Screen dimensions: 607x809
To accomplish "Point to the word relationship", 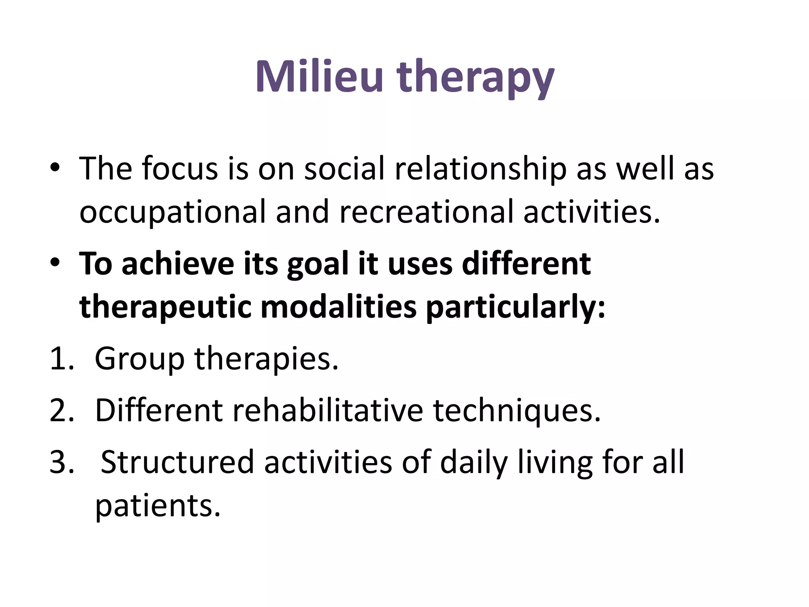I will coord(480,169).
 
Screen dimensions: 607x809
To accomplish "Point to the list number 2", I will coord(62,411).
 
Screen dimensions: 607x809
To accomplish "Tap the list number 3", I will coord(62,462).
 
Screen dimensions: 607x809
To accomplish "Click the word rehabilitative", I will coord(327,411).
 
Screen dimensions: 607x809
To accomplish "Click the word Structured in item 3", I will coord(177,462).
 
